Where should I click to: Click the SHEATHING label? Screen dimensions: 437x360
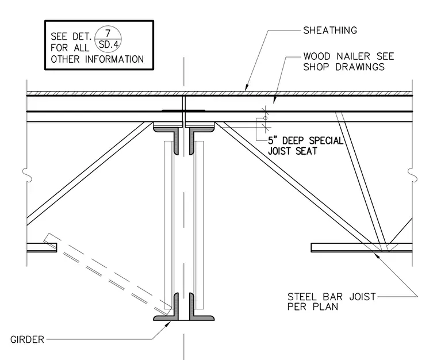tap(330, 30)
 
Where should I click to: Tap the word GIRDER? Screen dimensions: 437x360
tap(28, 339)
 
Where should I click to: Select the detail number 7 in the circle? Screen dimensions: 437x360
tap(108, 33)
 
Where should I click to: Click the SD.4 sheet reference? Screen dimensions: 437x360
tap(109, 45)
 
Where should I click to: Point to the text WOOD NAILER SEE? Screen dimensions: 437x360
tap(348, 56)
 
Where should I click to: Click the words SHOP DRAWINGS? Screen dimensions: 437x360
tap(344, 67)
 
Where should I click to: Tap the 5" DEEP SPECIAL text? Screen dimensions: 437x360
tap(305, 140)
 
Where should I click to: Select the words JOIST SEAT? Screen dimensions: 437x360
tap(292, 151)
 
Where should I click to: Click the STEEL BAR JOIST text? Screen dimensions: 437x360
tap(332, 297)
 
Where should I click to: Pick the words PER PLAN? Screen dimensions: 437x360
tap(313, 307)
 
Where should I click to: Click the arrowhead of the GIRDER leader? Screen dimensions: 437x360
tap(168, 324)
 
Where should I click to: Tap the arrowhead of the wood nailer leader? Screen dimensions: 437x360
tap(274, 100)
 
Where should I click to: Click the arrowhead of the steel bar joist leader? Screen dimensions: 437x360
tap(377, 255)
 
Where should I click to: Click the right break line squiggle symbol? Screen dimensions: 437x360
tap(412, 175)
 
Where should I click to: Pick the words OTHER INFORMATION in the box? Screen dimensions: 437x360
tap(97, 59)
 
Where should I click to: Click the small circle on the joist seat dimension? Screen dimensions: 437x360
tap(265, 118)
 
